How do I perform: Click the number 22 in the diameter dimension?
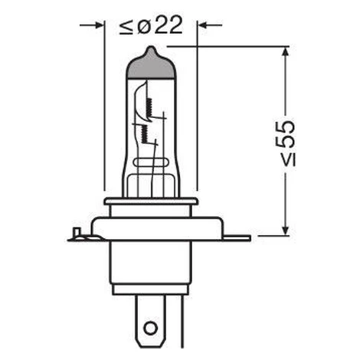pos(169,25)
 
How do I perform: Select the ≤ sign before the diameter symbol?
pos(126,27)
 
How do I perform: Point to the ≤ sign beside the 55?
pos(289,160)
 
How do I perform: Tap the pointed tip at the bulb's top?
pos(151,47)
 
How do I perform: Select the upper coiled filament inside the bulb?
pos(149,107)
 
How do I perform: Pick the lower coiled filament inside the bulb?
pos(144,133)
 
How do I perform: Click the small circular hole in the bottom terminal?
pos(150,328)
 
